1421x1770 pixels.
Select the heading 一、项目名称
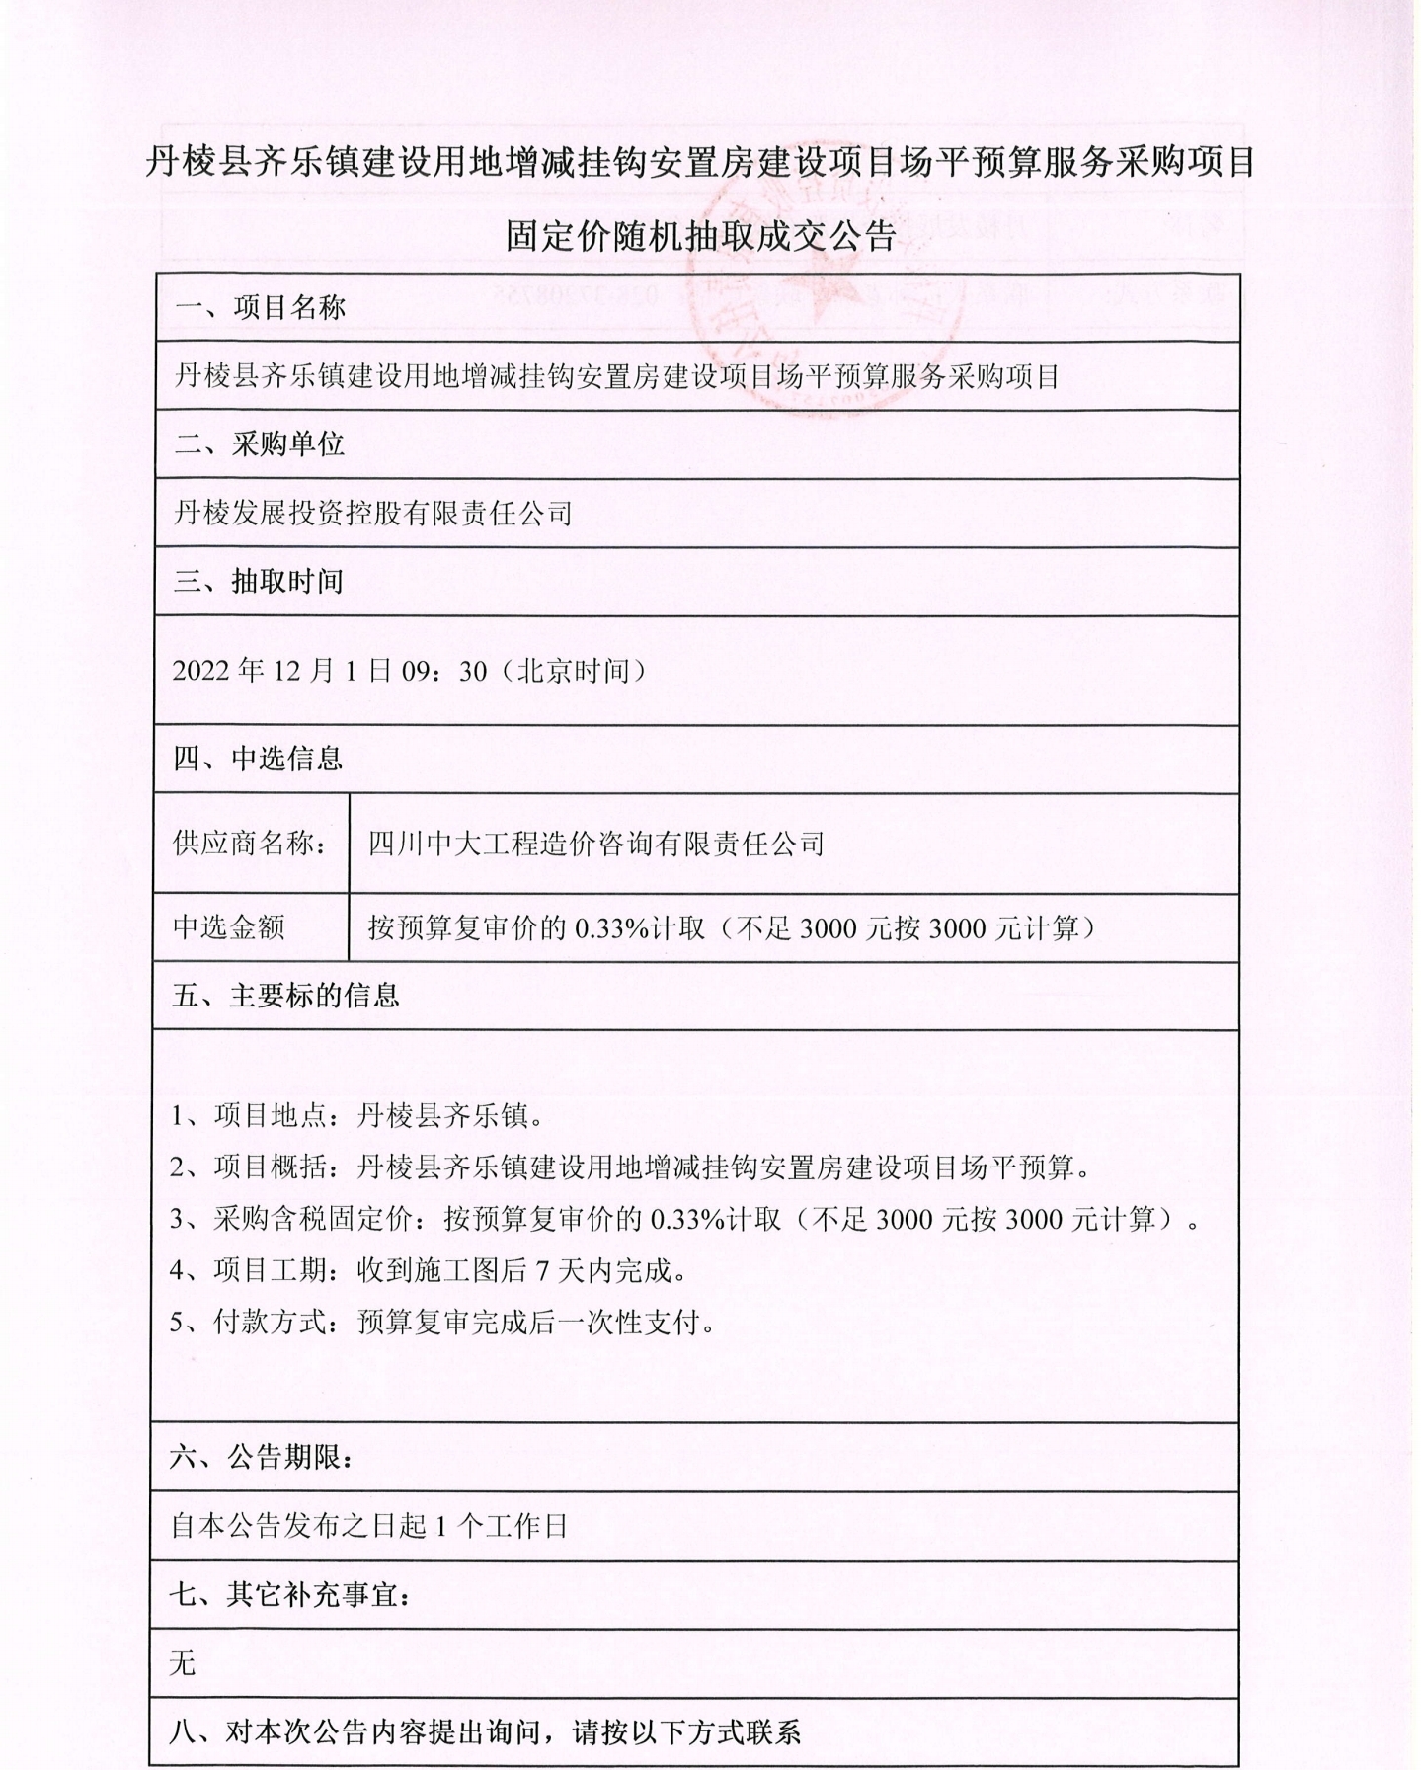(x=260, y=308)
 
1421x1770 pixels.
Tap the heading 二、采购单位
(x=260, y=444)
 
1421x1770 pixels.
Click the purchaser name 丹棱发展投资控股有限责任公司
(x=373, y=513)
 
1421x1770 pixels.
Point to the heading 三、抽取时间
(x=259, y=581)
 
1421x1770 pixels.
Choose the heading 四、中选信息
(x=259, y=759)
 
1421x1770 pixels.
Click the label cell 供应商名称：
(x=251, y=844)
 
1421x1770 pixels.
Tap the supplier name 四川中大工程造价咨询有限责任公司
(x=595, y=844)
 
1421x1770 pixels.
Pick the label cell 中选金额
(x=229, y=927)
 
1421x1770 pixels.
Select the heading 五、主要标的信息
(x=286, y=995)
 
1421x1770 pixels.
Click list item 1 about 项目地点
(x=357, y=1116)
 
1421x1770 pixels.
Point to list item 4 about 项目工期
(x=429, y=1270)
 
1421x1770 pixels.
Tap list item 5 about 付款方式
(x=442, y=1322)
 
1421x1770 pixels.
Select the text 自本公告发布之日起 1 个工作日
(x=369, y=1526)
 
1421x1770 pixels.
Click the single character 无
(x=183, y=1663)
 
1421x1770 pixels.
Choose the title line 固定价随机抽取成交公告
(x=700, y=236)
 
